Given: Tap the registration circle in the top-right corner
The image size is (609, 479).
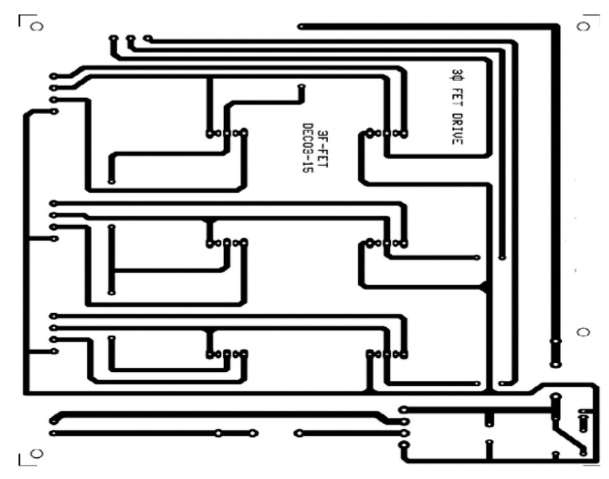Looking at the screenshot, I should [582, 26].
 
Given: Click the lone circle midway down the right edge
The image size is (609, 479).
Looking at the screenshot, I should [582, 333].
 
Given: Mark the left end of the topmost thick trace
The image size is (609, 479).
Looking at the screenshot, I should [301, 26].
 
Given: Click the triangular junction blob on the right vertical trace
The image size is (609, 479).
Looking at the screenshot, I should [485, 287].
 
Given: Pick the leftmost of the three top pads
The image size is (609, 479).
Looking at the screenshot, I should [113, 39].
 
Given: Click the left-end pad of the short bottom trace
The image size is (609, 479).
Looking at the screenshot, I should [297, 433].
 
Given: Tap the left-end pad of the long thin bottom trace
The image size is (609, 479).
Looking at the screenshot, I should [53, 433].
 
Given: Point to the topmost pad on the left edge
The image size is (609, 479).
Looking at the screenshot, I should [53, 76].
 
